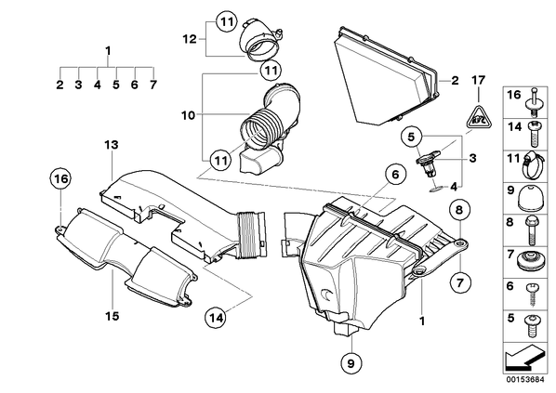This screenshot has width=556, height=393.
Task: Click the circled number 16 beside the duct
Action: pos(60,179)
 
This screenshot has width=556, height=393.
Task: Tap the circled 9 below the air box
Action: pos(351,362)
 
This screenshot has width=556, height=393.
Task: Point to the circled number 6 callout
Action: pos(395,175)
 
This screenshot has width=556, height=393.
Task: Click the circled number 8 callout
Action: pos(459,210)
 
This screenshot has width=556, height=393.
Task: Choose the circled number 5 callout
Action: pos(411,137)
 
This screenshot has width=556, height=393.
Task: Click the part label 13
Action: pos(112,145)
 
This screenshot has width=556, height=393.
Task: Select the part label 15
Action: pos(113,316)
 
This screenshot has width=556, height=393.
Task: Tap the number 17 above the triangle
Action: pos(478,80)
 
